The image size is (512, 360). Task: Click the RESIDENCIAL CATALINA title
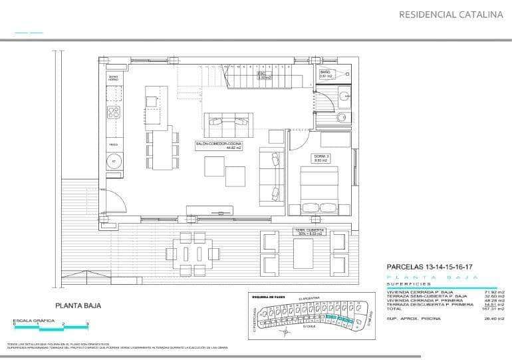(450, 14)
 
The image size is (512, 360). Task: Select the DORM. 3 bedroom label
(322, 158)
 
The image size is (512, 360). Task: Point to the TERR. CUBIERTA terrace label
(310, 232)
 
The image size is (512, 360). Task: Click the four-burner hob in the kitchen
(114, 111)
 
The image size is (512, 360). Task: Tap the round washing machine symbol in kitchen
(114, 161)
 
